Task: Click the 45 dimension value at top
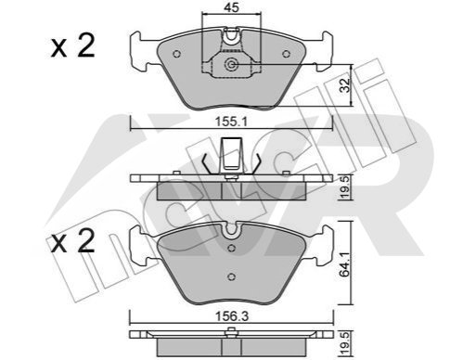[232, 7]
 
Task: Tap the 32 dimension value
[344, 85]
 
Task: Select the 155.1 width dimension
[231, 122]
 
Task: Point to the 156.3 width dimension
[232, 315]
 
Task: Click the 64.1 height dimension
[344, 263]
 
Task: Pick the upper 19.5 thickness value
[345, 186]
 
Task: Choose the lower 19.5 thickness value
[345, 342]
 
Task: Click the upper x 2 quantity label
[72, 46]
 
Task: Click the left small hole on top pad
[176, 54]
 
